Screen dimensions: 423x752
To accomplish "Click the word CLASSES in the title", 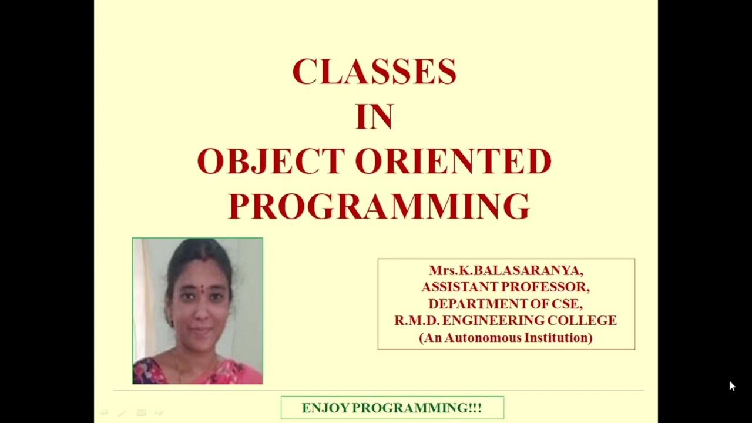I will (374, 72).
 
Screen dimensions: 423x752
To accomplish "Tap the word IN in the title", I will (374, 117).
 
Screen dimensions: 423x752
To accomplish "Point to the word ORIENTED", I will (454, 162).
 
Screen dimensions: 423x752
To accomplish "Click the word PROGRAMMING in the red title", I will (379, 206).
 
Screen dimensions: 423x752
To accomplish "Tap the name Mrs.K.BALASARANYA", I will (506, 271).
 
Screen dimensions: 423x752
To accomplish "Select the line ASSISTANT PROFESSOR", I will (505, 287).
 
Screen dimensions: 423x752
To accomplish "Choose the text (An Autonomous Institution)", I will (505, 338).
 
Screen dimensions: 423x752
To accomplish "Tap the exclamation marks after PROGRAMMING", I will (475, 408).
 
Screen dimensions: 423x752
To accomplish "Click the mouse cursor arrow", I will (732, 386).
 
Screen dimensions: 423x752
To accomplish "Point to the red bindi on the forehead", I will (200, 288).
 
